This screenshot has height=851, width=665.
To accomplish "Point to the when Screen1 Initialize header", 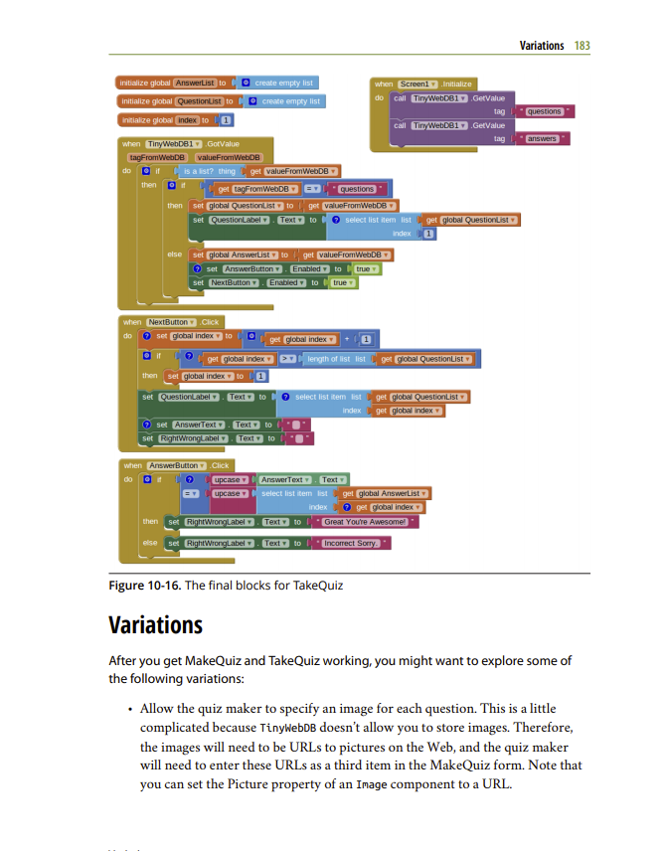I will point(424,84).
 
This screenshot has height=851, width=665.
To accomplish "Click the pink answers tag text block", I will point(543,139).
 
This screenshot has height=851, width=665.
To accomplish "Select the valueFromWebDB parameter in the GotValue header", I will point(229,157).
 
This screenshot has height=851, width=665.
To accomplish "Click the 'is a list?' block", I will point(210,171).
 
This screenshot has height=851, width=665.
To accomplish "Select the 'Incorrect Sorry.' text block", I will point(354,543).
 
